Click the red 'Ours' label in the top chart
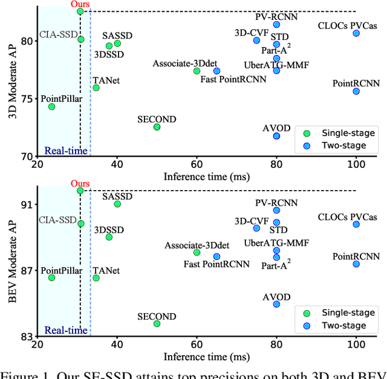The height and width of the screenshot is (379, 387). [80, 4]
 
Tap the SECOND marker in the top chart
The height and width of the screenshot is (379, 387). [157, 127]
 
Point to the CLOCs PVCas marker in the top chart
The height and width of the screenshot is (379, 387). [356, 33]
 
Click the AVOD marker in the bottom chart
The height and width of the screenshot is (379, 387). [276, 304]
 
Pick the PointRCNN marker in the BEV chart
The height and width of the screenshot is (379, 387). [356, 264]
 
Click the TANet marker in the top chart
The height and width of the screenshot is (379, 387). [96, 88]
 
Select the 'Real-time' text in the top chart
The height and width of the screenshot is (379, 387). [66, 151]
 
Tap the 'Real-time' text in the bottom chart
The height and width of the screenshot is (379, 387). [66, 330]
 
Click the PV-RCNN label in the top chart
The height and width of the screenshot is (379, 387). [276, 16]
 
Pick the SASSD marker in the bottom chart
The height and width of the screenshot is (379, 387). [117, 204]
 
